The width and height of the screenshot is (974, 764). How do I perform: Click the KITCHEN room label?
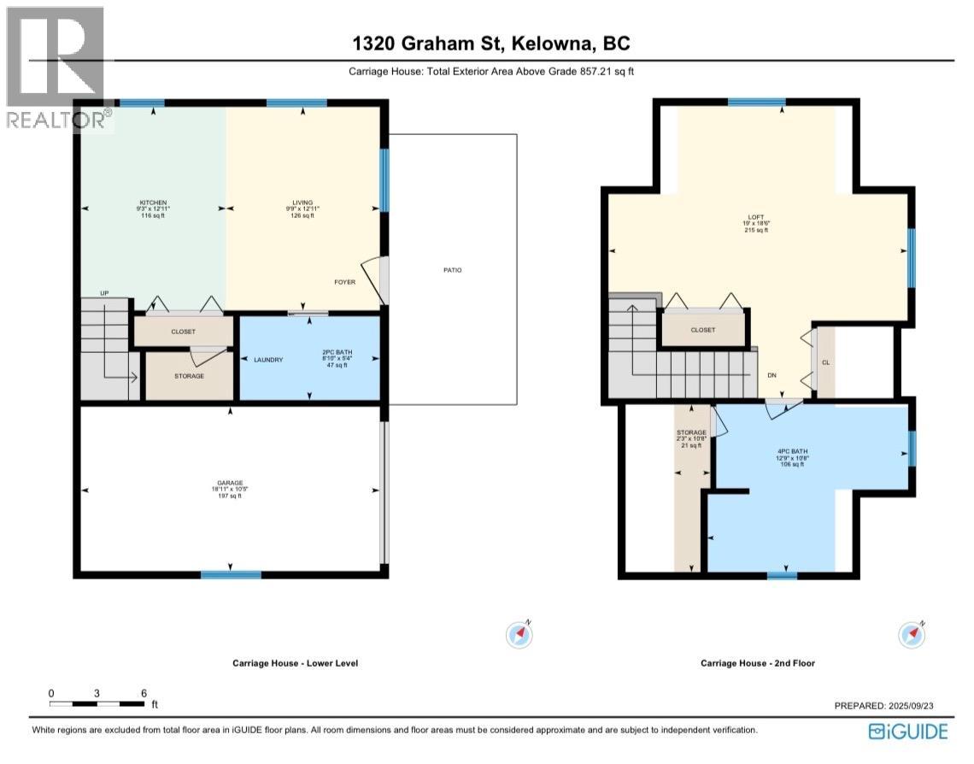(x=154, y=203)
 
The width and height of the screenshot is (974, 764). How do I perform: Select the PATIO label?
(x=452, y=270)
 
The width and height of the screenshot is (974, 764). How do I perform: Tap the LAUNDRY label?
(x=268, y=360)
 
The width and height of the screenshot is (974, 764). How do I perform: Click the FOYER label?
(x=344, y=282)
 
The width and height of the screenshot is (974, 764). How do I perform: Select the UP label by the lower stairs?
(x=104, y=293)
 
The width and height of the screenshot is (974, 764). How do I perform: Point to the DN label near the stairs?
(x=772, y=375)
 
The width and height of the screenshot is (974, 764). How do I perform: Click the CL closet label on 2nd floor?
(x=825, y=362)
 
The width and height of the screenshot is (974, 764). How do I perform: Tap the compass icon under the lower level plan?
(x=520, y=634)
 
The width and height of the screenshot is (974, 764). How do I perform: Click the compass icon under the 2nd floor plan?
(x=912, y=634)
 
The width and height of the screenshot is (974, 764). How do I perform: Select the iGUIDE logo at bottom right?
(x=908, y=732)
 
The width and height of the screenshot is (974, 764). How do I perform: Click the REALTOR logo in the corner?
(x=56, y=68)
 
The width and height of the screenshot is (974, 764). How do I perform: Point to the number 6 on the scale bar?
(x=144, y=693)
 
